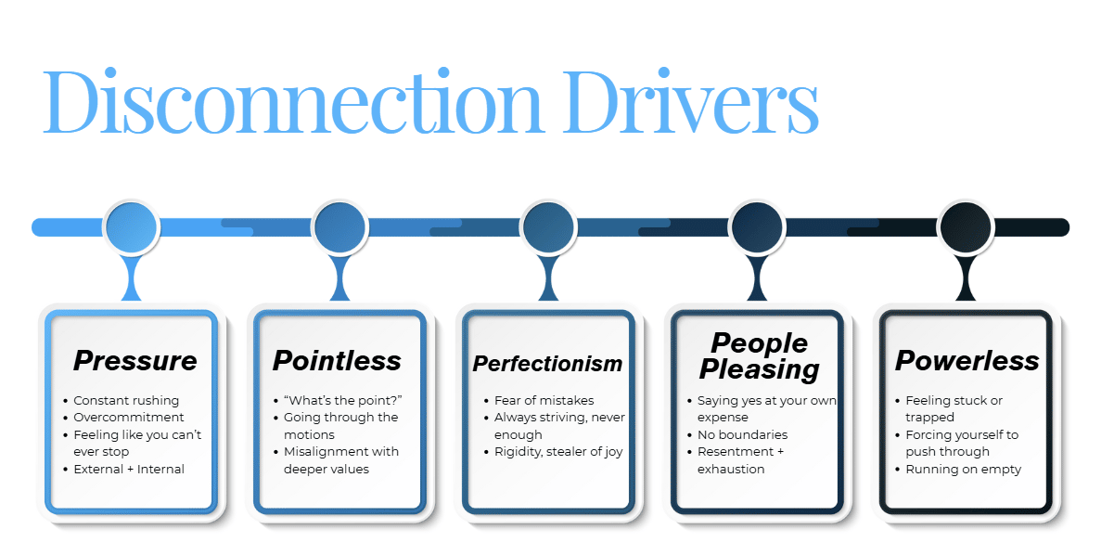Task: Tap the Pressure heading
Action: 135,360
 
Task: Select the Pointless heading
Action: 337,360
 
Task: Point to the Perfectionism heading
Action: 547,363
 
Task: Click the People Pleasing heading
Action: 759,356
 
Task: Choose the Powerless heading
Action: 967,360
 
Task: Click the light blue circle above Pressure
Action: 132,226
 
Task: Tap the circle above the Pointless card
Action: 340,226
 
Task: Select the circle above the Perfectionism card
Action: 549,226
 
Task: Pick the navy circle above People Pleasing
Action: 758,226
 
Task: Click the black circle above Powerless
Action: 967,226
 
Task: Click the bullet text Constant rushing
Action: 126,401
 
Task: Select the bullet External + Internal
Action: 129,469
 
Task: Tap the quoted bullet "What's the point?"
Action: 342,401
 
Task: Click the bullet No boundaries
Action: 742,434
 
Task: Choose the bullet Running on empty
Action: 963,469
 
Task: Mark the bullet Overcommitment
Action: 129,418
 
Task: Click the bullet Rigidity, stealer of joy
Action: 557,452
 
